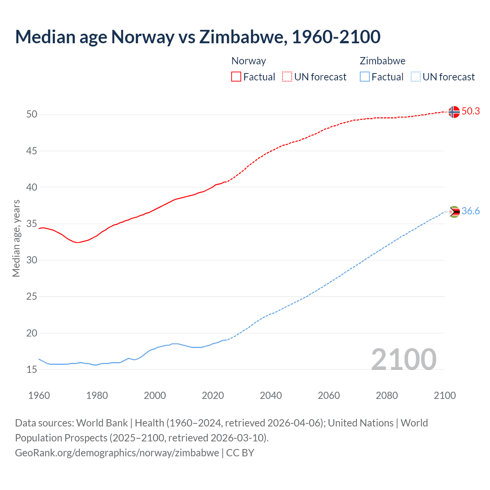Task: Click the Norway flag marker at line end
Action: [x=454, y=112]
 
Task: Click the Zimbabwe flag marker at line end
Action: [x=454, y=212]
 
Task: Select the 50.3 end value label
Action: [x=470, y=111]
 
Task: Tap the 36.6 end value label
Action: [x=470, y=211]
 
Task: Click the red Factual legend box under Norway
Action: [x=236, y=77]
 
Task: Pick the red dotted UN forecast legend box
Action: [x=287, y=77]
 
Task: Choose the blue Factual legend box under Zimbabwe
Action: [x=364, y=77]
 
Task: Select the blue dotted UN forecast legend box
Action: [x=415, y=77]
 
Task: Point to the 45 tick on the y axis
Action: [x=31, y=151]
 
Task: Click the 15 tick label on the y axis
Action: [x=31, y=369]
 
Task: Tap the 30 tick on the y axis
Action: [x=31, y=260]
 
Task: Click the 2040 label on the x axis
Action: [x=271, y=395]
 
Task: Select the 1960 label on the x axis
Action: [x=39, y=395]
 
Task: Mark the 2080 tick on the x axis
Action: [x=387, y=395]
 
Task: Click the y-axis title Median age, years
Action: [x=16, y=238]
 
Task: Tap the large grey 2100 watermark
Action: [x=403, y=359]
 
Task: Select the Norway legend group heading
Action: [x=248, y=61]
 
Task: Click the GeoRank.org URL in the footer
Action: [x=117, y=453]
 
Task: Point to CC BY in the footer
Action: [x=240, y=453]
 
